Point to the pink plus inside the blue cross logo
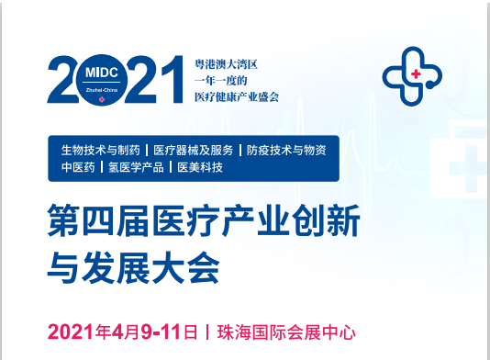pos(416,74)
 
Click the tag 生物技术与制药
pos(101,150)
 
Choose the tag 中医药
pos(78,167)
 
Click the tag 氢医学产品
pos(137,167)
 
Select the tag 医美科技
pos(201,167)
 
